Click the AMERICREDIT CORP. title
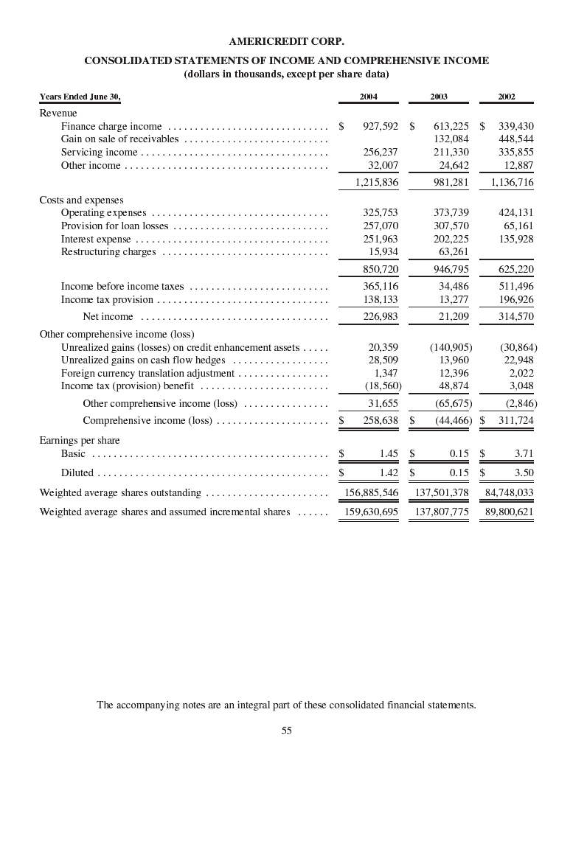[286, 41]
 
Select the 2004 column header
[369, 97]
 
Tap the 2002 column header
[507, 97]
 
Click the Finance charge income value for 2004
[381, 127]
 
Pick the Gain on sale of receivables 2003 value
[451, 139]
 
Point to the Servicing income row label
[99, 153]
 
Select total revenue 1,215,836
[376, 183]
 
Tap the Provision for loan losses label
[114, 226]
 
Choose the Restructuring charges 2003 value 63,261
[453, 252]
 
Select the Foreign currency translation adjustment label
[147, 374]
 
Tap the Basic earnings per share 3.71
[524, 454]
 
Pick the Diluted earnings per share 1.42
[388, 473]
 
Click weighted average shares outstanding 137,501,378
[442, 492]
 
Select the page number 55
[286, 730]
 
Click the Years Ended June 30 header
[80, 97]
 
